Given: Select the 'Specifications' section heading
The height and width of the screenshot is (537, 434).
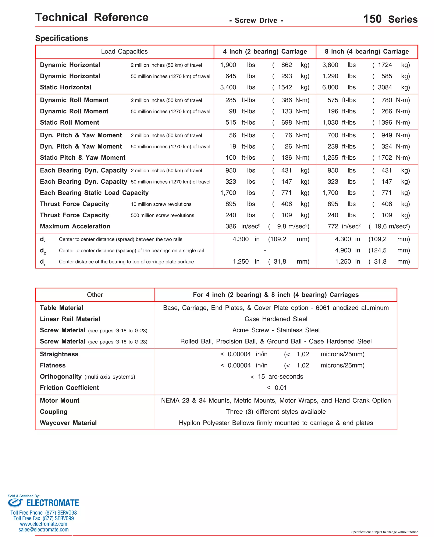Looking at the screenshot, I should click(61, 38).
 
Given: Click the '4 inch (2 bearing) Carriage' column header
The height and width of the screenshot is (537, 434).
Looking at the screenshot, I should click(265, 52).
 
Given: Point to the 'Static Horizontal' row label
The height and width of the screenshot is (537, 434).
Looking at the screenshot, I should click(65, 87).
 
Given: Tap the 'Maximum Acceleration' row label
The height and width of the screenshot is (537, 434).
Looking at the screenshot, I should click(75, 226).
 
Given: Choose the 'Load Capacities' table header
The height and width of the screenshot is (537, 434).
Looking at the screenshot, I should click(124, 52).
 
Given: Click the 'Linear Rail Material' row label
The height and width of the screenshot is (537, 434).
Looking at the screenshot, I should click(70, 319).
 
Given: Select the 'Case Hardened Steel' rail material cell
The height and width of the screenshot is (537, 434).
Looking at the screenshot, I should click(276, 319).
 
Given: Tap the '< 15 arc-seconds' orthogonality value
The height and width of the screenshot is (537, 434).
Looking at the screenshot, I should click(277, 377).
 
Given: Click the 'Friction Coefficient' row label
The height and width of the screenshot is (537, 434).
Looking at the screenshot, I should click(69, 388).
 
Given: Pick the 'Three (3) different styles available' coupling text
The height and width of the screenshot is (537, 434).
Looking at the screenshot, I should click(276, 412).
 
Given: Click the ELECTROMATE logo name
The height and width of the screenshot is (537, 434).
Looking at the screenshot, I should click(53, 503).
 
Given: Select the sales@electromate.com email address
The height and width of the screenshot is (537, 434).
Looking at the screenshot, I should click(43, 530).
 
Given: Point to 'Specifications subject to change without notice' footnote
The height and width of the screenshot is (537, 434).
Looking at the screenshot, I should click(384, 532).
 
